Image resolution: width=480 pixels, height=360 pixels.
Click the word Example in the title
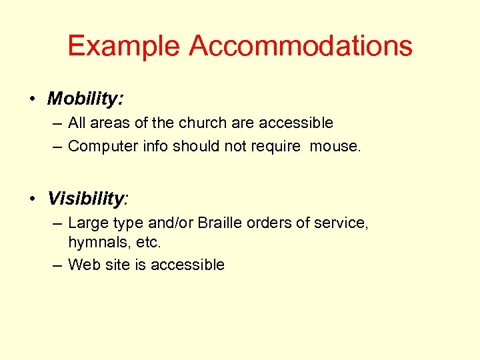123,46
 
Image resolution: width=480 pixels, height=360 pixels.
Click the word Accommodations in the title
301,46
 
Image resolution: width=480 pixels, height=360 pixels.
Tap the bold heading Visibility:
87,199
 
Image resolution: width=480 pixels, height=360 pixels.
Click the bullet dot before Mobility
32,99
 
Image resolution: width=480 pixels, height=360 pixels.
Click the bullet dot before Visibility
32,199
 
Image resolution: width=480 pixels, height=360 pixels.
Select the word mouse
334,146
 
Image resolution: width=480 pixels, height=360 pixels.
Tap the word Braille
220,223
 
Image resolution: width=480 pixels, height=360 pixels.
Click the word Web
83,265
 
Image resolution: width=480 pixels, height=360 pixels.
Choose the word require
274,146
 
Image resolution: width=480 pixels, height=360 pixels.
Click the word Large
87,223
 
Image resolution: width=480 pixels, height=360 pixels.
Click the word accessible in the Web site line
187,265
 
